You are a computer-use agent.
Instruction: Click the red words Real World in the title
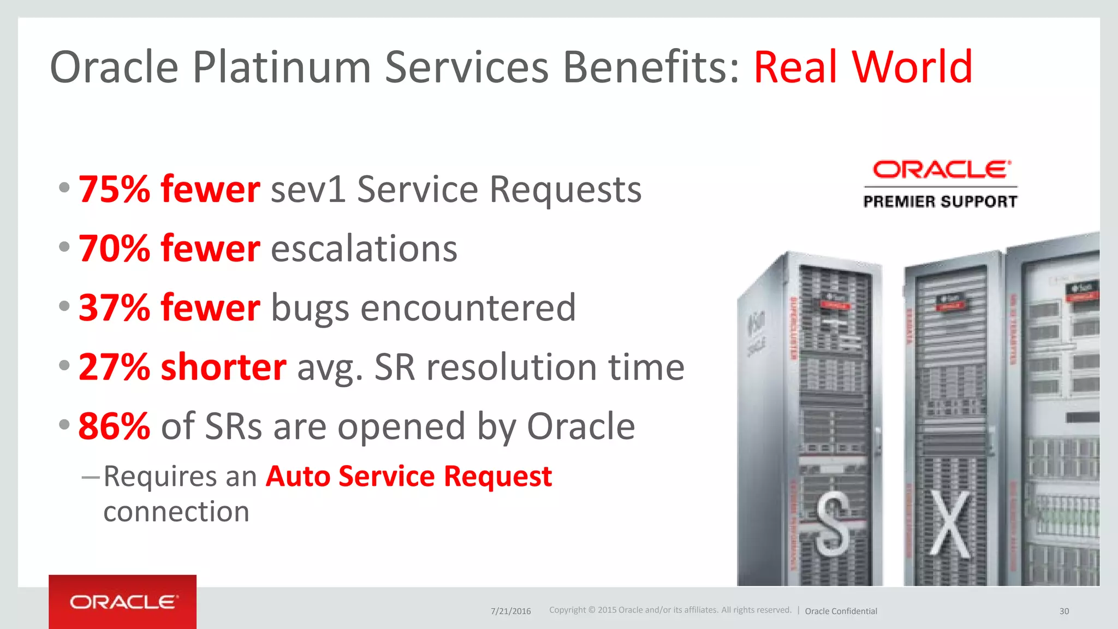click(863, 67)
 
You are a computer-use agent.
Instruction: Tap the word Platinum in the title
click(282, 67)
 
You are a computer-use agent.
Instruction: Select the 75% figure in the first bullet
click(114, 189)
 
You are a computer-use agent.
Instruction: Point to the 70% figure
click(114, 248)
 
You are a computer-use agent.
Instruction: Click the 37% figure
click(114, 307)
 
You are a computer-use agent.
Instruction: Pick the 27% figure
click(114, 367)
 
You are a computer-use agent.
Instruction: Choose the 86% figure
click(114, 426)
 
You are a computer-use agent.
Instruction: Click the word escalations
click(364, 249)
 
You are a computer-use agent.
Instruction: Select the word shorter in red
click(223, 367)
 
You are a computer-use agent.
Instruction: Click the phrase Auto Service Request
click(409, 476)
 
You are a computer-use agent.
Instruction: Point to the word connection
click(176, 512)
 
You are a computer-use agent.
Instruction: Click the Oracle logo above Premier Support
click(941, 169)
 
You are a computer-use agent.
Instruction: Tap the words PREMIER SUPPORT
click(940, 201)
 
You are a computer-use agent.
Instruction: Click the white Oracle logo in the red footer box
click(123, 602)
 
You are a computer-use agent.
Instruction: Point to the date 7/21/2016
click(510, 611)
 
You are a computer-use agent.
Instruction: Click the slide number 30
click(1064, 611)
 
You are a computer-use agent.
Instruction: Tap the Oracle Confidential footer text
click(841, 611)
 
